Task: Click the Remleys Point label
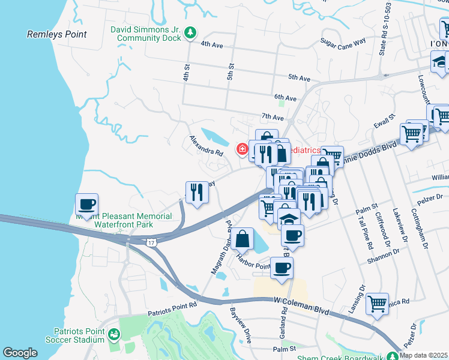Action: (57, 35)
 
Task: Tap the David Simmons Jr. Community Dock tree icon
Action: (190, 32)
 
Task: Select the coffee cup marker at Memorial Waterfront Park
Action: (87, 205)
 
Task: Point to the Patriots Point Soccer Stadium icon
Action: (113, 335)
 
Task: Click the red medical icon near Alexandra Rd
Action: (243, 148)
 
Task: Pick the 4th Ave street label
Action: (212, 44)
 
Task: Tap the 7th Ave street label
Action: (272, 116)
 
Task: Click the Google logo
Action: (19, 353)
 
